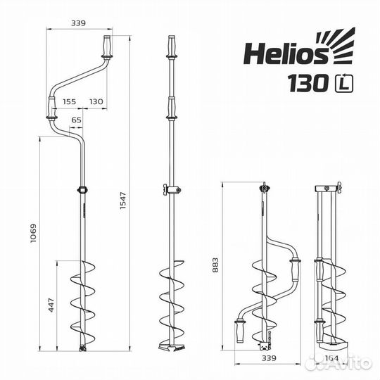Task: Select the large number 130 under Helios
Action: coord(307,83)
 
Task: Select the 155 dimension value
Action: coord(69,102)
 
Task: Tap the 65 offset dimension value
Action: coord(77,121)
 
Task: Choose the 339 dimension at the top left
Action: coord(78,23)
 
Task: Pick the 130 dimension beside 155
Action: coord(96,102)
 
